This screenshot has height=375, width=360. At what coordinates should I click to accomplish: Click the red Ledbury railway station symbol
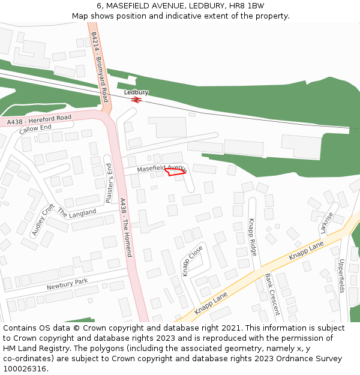tap(136, 100)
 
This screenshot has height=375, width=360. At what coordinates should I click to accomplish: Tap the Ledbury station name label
tap(136, 92)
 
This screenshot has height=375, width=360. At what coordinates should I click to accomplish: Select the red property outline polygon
tap(175, 172)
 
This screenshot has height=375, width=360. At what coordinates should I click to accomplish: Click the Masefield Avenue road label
tap(161, 169)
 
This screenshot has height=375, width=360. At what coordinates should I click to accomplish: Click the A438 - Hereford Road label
tap(39, 120)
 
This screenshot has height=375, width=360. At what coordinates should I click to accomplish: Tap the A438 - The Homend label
tap(126, 227)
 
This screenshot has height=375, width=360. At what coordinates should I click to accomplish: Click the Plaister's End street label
tap(109, 182)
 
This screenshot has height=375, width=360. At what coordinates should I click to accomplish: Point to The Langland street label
tap(76, 213)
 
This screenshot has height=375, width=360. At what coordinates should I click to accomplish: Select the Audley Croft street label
tap(43, 220)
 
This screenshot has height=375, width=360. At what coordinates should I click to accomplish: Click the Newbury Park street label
tap(67, 284)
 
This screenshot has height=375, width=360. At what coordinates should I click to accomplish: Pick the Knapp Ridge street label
tap(253, 237)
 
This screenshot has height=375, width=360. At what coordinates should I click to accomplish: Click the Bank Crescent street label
tap(272, 294)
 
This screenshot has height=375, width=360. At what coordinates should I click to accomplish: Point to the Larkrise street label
tap(327, 222)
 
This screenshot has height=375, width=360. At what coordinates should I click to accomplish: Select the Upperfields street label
tap(342, 275)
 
